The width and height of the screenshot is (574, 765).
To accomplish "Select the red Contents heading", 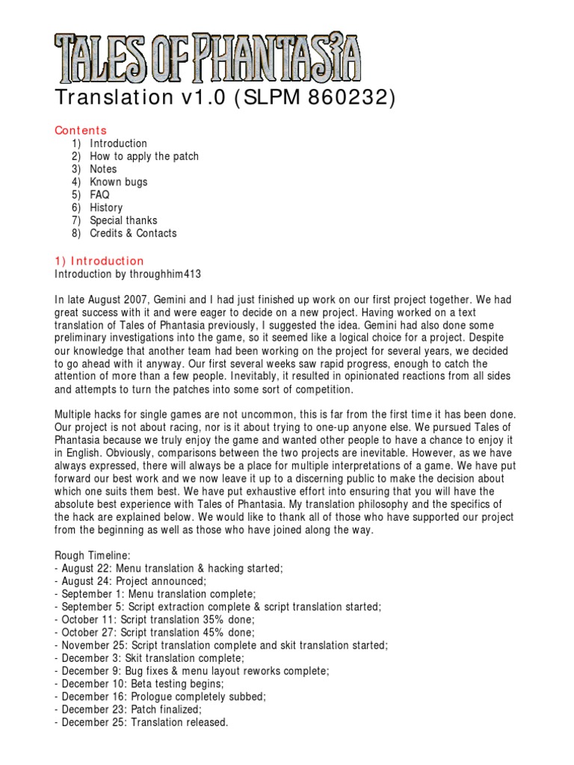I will (x=81, y=130).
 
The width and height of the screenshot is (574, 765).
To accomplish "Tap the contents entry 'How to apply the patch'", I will (x=144, y=156).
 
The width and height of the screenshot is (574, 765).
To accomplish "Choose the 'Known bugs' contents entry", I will (x=119, y=182).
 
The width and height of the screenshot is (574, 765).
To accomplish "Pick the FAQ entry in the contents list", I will (x=100, y=194).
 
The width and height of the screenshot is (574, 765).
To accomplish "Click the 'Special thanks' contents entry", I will (x=123, y=220).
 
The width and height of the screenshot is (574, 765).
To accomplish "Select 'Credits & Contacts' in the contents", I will (x=133, y=233).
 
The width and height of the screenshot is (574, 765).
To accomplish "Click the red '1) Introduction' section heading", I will (x=99, y=261).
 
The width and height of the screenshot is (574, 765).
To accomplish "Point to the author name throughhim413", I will (x=164, y=274).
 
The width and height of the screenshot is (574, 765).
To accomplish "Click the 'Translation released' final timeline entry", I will (x=141, y=722).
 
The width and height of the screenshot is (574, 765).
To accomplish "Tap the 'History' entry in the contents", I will (x=106, y=208).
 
